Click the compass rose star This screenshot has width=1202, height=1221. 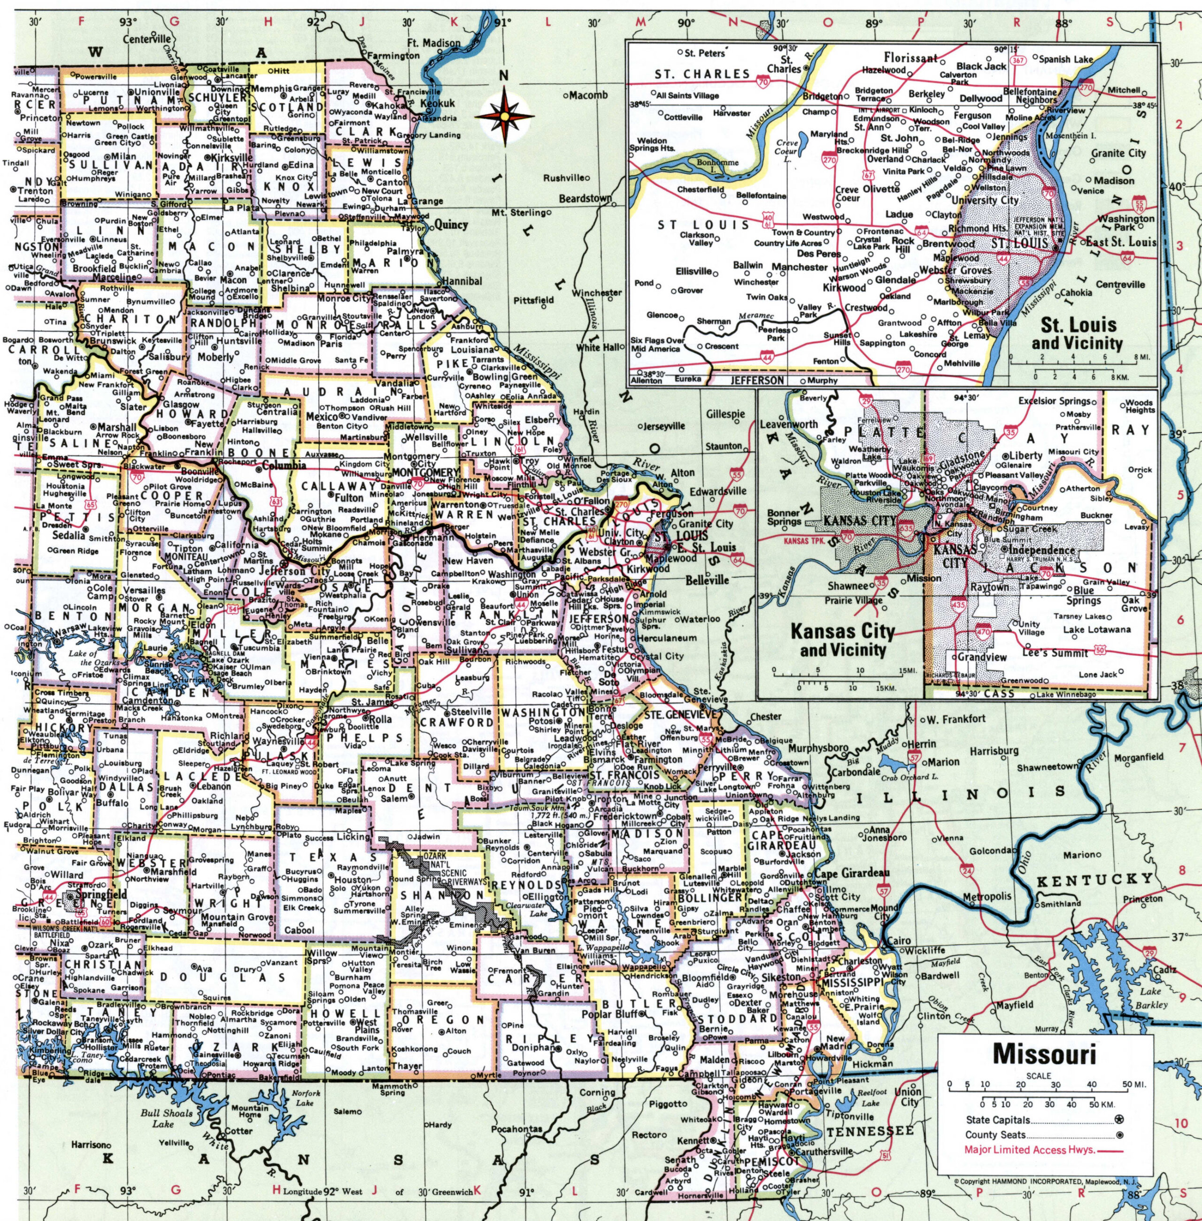pyautogui.click(x=504, y=116)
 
